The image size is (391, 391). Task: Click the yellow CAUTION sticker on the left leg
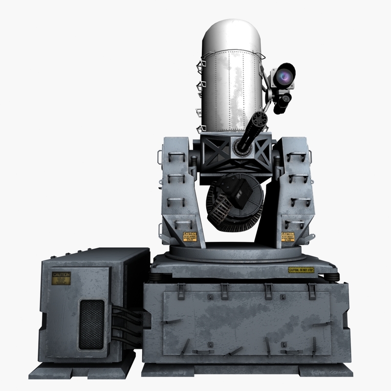point(189,237)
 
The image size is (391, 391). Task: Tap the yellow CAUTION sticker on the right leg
point(288,237)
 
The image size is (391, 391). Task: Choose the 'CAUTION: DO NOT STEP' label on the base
point(301,270)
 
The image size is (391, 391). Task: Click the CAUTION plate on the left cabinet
point(61,278)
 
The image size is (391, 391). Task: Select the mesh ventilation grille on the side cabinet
point(91,324)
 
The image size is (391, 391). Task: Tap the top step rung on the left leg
point(176,157)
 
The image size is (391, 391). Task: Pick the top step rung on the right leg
point(297,157)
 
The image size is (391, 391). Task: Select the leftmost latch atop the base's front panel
point(181,291)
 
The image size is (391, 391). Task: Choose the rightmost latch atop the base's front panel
point(312,291)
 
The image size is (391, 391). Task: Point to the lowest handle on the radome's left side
point(200,129)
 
